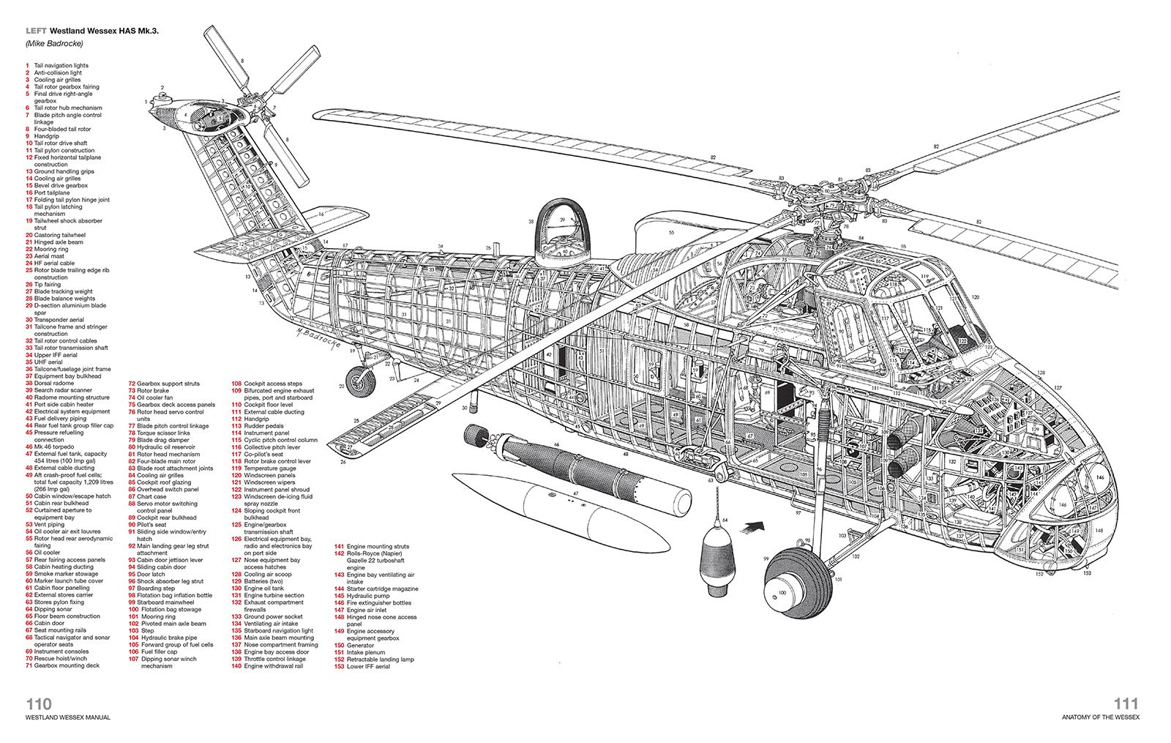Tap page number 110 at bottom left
[39, 703]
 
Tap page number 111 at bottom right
[1126, 703]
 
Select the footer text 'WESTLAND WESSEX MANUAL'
[68, 717]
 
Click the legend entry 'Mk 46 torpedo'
[53, 447]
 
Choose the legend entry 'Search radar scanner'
[63, 390]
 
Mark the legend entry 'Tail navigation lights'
[61, 65]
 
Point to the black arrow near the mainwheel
[753, 525]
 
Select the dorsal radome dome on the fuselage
[564, 234]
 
